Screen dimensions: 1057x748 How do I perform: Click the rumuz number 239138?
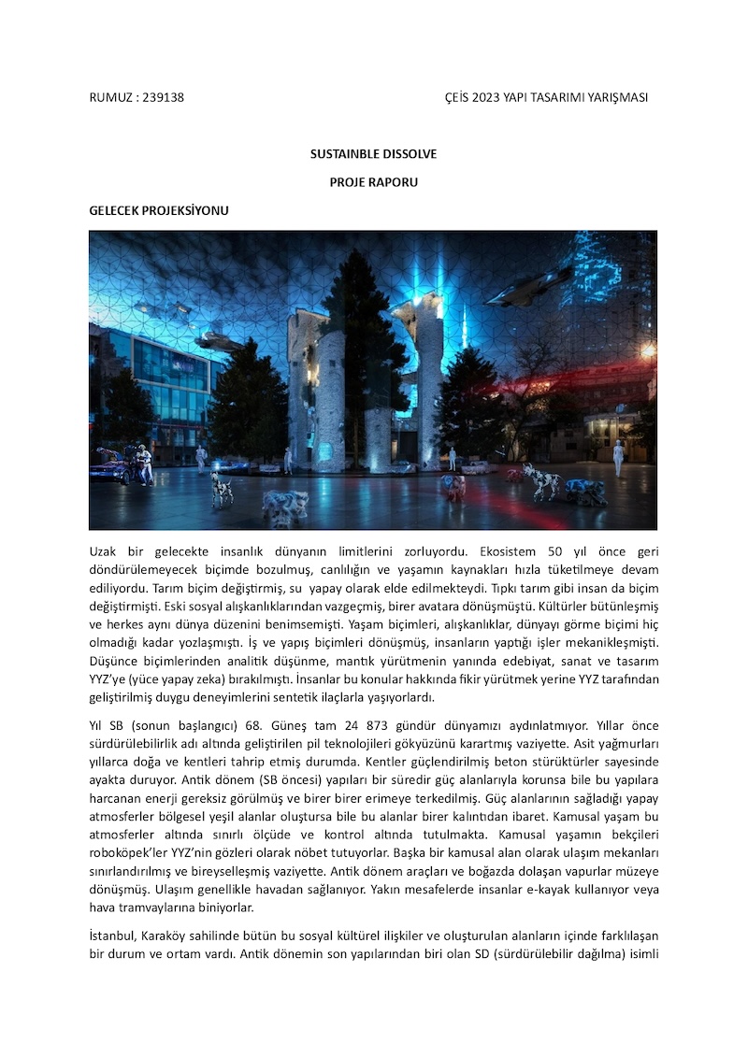click(x=163, y=98)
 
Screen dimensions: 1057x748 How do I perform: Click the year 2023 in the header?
click(x=487, y=98)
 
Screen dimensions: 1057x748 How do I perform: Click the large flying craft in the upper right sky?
click(x=529, y=286)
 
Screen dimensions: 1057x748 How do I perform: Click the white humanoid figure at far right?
click(x=617, y=457)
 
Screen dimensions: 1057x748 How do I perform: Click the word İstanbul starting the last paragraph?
click(x=113, y=936)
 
